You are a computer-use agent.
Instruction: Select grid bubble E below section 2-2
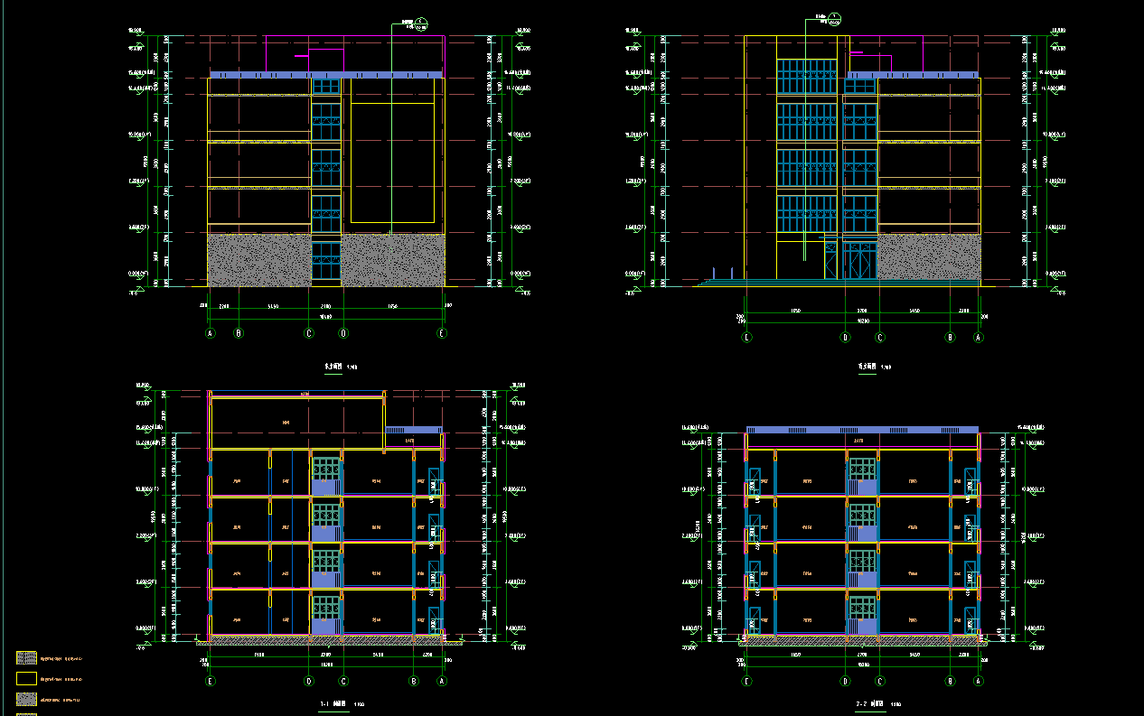pyautogui.click(x=746, y=682)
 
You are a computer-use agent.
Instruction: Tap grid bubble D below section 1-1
pyautogui.click(x=308, y=682)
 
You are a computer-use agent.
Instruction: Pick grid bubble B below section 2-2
pyautogui.click(x=951, y=682)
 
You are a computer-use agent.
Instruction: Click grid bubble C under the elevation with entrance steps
pyautogui.click(x=880, y=338)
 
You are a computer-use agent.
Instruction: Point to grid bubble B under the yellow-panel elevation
pyautogui.click(x=239, y=333)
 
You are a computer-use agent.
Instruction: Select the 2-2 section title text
pyautogui.click(x=869, y=703)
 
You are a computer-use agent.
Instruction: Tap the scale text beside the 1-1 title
pyautogui.click(x=360, y=704)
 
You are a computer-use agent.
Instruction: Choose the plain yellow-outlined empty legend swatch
pyautogui.click(x=27, y=678)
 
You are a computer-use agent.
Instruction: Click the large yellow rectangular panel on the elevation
pyautogui.click(x=392, y=163)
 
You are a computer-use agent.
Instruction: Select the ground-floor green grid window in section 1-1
pyautogui.click(x=325, y=614)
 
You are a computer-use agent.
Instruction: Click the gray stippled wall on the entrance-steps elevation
pyautogui.click(x=929, y=257)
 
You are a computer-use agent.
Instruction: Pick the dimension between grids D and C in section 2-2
pyautogui.click(x=862, y=654)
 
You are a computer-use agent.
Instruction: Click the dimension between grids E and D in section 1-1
pyautogui.click(x=258, y=654)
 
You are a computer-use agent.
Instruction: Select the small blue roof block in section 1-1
pyautogui.click(x=412, y=430)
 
